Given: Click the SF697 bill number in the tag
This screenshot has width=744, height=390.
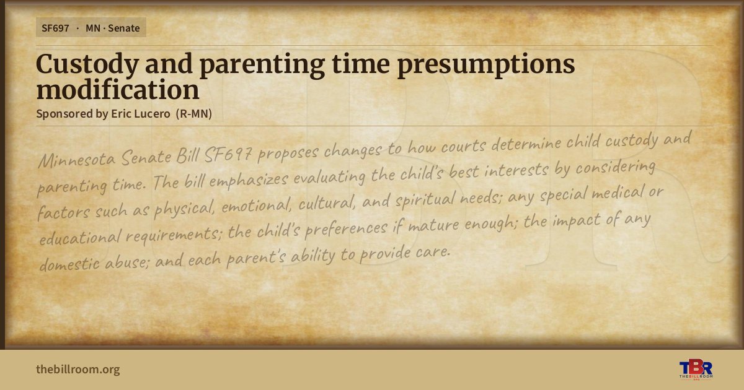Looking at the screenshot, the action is (55, 28).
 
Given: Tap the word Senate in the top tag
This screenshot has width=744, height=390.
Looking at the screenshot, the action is (123, 28).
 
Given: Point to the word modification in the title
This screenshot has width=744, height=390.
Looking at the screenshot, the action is (118, 90).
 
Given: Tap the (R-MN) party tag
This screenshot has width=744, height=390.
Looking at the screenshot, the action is (194, 114).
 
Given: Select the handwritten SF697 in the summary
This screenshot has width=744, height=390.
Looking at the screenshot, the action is (228, 154).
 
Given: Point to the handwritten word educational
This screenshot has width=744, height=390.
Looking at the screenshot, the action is (80, 238).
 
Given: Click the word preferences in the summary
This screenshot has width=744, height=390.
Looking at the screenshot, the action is (346, 228).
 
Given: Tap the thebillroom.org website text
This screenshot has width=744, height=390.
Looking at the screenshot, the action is (78, 369).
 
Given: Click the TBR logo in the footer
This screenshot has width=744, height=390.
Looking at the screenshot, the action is (696, 369).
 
